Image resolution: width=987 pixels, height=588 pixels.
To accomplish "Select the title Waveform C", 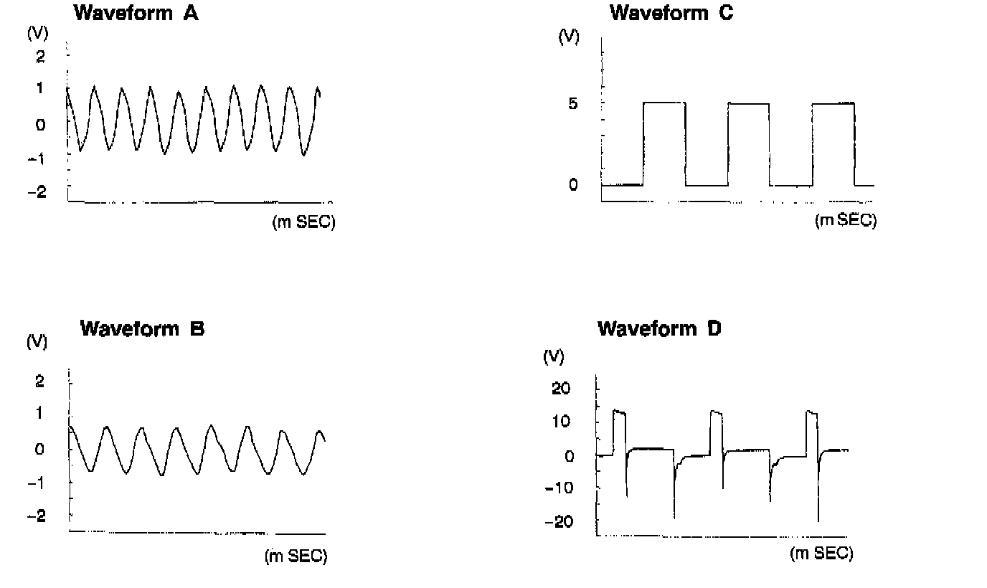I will (x=671, y=12).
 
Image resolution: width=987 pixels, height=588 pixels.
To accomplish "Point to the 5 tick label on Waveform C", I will (x=572, y=103).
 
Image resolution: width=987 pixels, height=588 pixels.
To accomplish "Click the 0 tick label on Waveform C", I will (x=572, y=185).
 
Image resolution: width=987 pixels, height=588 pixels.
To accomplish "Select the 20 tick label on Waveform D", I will (x=562, y=389).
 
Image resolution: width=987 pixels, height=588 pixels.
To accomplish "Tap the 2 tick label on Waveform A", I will (x=40, y=56).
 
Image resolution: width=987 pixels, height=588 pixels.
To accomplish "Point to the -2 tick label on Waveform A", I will (x=37, y=191).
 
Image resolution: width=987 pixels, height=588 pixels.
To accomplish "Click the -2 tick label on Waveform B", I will (x=37, y=516).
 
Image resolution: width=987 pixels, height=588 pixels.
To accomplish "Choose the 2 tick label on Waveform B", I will (x=40, y=381).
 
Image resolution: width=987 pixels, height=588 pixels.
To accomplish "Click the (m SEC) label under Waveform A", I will (x=303, y=223).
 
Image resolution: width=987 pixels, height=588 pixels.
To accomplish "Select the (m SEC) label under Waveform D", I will (x=821, y=554).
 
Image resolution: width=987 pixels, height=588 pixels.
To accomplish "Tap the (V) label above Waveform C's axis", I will (x=569, y=38).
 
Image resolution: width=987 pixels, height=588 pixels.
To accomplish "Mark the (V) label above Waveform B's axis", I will (x=37, y=341).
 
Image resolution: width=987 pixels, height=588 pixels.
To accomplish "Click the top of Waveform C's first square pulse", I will (x=664, y=103).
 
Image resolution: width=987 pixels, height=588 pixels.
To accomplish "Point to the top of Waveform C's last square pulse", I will (x=833, y=103).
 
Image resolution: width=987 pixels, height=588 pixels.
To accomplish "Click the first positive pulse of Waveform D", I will (x=619, y=412).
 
